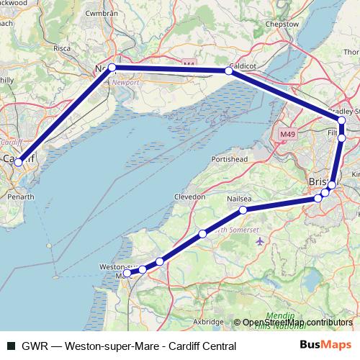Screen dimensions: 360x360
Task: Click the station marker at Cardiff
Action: coord(19,163)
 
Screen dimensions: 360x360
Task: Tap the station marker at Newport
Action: coord(112,68)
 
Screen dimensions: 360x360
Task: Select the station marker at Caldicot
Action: coord(229,71)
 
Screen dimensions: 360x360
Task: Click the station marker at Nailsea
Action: coord(243,210)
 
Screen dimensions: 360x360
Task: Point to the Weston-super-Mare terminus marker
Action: coord(127,274)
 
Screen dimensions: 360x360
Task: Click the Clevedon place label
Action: coord(190,197)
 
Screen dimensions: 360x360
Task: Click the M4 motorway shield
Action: coord(189,64)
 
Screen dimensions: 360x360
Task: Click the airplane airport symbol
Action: coord(259,243)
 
